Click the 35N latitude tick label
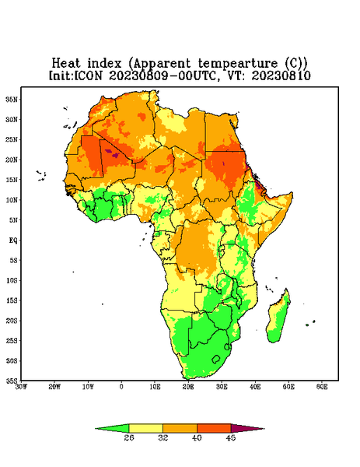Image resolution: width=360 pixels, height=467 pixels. (12, 99)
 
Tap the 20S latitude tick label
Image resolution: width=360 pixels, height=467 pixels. (12, 321)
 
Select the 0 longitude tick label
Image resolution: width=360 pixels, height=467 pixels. (121, 387)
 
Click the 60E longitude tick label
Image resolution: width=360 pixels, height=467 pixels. (322, 387)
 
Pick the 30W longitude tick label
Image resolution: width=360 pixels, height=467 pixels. (22, 387)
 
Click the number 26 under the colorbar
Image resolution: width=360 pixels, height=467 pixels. (129, 437)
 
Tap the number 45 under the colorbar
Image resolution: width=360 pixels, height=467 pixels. (231, 437)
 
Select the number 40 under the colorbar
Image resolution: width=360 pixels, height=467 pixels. (197, 437)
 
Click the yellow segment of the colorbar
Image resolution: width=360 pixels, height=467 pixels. (145, 428)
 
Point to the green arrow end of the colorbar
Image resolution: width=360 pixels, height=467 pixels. (112, 428)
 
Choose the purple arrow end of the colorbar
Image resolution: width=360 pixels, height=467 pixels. (247, 428)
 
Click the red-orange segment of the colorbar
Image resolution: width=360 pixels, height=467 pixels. (214, 428)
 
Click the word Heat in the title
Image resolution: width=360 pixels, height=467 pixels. (66, 64)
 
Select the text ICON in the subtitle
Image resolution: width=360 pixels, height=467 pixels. (88, 75)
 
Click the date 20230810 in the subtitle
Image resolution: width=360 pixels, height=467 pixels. (281, 75)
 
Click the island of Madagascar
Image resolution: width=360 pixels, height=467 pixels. (279, 318)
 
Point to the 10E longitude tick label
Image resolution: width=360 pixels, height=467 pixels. (155, 387)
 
